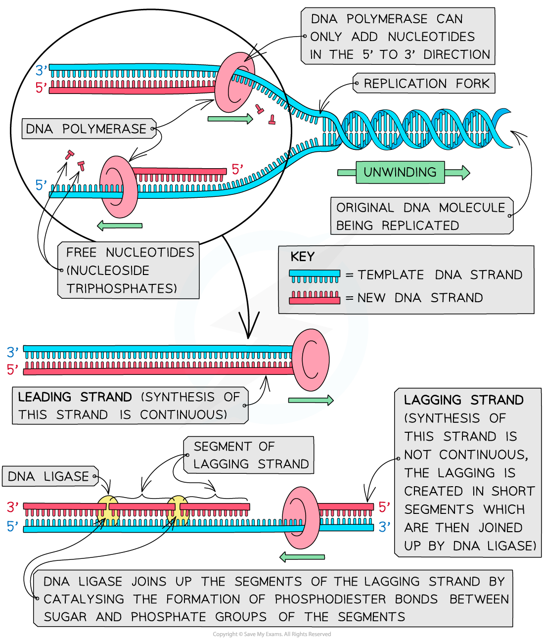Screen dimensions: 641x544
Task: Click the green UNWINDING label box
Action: point(400,172)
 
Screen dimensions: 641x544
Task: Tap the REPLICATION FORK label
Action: point(426,84)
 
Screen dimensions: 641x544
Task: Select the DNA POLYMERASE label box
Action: point(87,129)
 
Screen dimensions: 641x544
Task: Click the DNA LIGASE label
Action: point(48,476)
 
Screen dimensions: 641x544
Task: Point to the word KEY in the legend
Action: point(302,257)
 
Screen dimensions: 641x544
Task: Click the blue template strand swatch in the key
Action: point(315,275)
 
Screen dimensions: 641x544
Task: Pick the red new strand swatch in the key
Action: point(315,298)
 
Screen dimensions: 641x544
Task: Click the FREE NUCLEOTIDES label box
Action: point(129,270)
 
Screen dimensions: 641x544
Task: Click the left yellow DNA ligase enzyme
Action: point(108,511)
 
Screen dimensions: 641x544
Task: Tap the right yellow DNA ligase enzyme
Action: point(178,511)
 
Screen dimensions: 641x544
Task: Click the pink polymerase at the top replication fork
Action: point(234,83)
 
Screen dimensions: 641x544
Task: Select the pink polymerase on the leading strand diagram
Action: point(311,360)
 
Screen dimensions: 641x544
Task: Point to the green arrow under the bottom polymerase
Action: point(302,557)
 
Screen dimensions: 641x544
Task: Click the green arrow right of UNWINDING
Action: point(457,172)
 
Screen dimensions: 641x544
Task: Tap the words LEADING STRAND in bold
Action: point(75,397)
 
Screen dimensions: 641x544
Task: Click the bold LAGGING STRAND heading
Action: point(463,400)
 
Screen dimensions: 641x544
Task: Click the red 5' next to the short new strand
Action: point(237,170)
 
